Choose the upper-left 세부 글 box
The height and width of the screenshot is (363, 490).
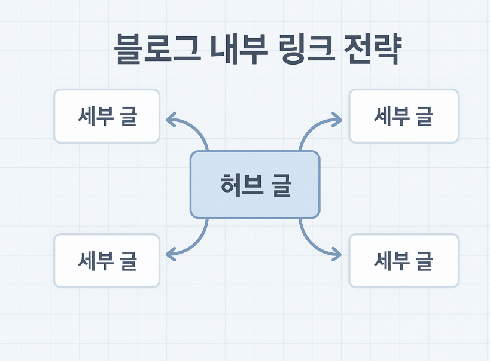[107, 116]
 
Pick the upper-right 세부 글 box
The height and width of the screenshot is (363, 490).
[404, 116]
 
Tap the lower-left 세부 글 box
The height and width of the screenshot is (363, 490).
[107, 261]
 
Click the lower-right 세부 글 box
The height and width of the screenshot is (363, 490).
[404, 261]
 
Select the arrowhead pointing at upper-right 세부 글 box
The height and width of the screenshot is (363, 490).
[338, 120]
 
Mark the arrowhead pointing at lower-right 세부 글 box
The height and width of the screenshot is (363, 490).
[337, 254]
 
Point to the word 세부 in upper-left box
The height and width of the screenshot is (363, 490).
[96, 116]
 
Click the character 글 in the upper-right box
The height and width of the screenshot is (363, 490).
[424, 116]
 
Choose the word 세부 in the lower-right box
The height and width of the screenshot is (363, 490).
[392, 261]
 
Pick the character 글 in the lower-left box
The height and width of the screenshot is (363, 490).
[127, 261]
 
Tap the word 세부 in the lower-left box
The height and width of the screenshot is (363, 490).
[96, 261]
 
